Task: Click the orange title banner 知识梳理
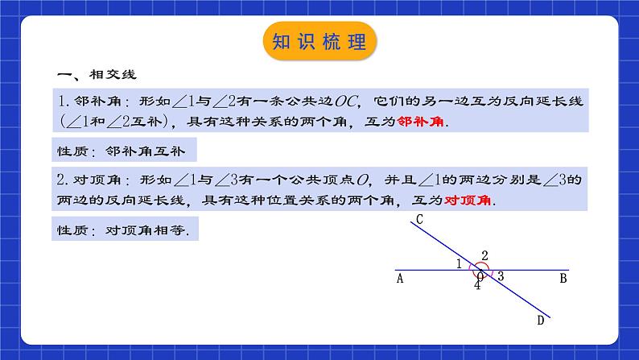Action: (319, 42)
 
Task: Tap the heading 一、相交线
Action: (97, 75)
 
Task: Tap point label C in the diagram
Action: (420, 219)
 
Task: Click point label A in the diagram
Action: (400, 279)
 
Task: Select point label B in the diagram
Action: (563, 279)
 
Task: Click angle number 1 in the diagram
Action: (459, 263)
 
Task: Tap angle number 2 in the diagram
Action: (484, 256)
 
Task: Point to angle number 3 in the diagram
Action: (501, 276)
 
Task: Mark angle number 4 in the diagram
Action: (476, 284)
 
